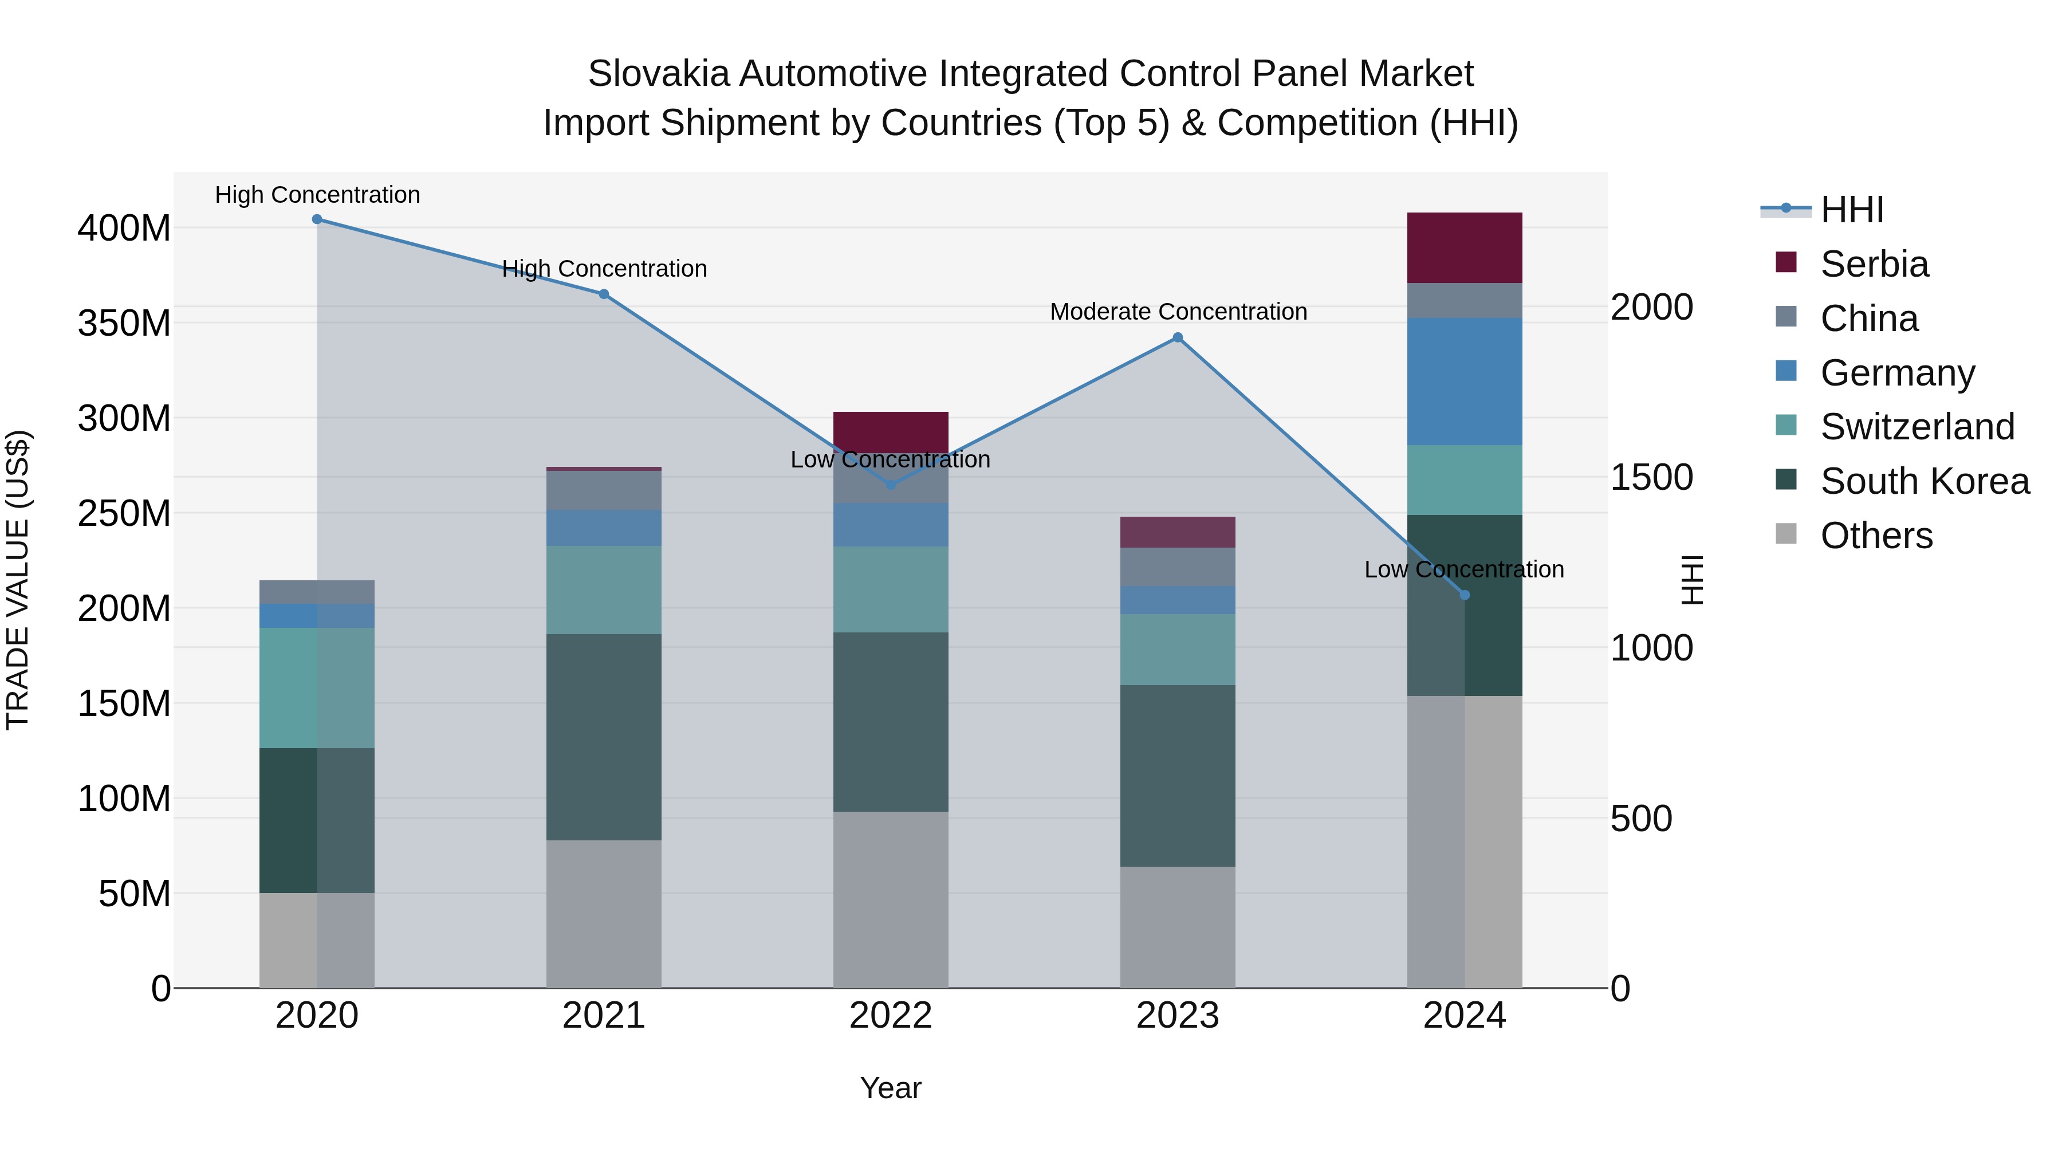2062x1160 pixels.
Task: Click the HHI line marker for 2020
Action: [317, 219]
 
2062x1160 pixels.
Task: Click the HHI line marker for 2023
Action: [1178, 338]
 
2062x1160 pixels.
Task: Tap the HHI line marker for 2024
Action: [1465, 595]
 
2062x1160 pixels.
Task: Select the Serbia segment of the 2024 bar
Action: [1465, 247]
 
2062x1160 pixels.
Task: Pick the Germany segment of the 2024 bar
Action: [1465, 381]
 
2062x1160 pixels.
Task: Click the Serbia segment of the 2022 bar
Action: [890, 431]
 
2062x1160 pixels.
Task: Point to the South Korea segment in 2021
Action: [604, 737]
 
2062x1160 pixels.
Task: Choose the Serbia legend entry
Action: [1874, 264]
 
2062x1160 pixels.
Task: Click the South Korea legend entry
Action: [1925, 481]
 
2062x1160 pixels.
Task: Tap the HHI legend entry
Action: [1851, 210]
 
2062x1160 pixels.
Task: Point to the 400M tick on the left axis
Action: [124, 228]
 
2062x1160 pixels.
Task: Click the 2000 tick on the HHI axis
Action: [1651, 308]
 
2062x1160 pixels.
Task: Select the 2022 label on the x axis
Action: [890, 1016]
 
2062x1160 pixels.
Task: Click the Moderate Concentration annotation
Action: [1178, 312]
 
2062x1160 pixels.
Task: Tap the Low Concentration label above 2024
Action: [1464, 569]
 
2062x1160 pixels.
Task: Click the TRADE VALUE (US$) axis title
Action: [18, 580]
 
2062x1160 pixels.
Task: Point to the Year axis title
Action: [890, 1088]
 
